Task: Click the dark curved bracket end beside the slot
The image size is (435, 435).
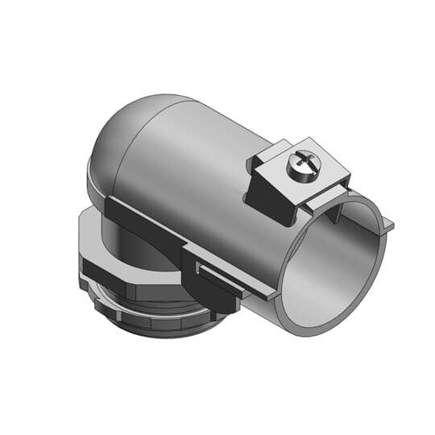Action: pyautogui.click(x=217, y=298)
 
